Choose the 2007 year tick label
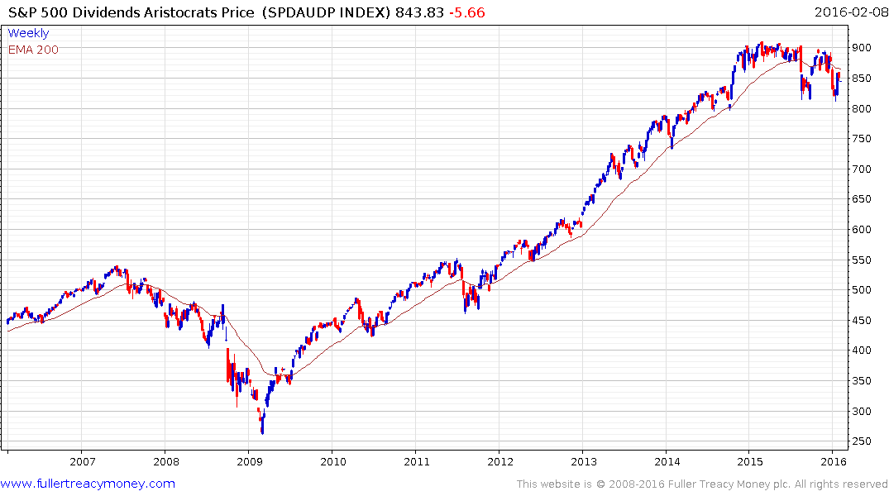pos(81,461)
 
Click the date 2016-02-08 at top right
pos(848,12)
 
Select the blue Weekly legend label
pos(28,33)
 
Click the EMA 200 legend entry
pos(33,50)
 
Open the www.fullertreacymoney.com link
pos(88,484)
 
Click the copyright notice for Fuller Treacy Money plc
pos(702,484)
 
